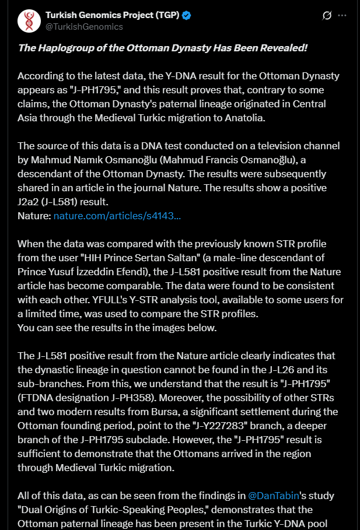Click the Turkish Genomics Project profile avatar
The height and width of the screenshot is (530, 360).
[x=29, y=21]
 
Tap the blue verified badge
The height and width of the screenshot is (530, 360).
[x=186, y=16]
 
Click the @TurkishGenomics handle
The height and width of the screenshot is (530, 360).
[x=84, y=27]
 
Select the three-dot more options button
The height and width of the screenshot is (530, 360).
[x=342, y=15]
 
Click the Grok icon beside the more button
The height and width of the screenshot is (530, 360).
[x=327, y=15]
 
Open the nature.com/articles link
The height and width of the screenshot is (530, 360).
[x=117, y=216]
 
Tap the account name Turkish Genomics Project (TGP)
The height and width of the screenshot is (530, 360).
[x=111, y=16]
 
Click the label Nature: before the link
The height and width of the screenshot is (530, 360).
[x=34, y=216]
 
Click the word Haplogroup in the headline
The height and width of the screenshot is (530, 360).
[x=64, y=47]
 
